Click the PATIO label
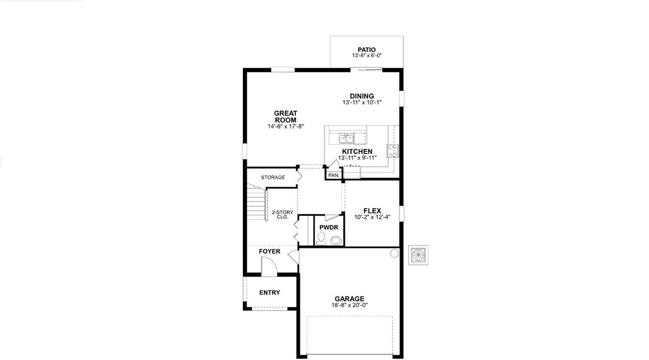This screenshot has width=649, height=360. [366, 49]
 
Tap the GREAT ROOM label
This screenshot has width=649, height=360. [286, 116]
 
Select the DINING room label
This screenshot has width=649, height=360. [362, 96]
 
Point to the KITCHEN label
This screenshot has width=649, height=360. [357, 151]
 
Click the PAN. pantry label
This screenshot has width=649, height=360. [333, 175]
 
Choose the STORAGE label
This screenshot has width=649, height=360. [273, 178]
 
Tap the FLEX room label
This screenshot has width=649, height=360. [372, 211]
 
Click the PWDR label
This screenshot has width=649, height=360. [329, 228]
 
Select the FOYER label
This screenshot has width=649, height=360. [269, 251]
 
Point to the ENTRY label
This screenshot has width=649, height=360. [269, 293]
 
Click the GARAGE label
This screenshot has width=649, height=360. [349, 298]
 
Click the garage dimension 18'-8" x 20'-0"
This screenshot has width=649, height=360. [349, 305]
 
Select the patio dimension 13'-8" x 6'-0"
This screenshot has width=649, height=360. [366, 56]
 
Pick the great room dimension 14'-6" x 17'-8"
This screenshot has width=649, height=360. [286, 127]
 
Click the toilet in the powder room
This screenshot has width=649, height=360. [335, 241]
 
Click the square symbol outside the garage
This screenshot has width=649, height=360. [417, 254]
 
